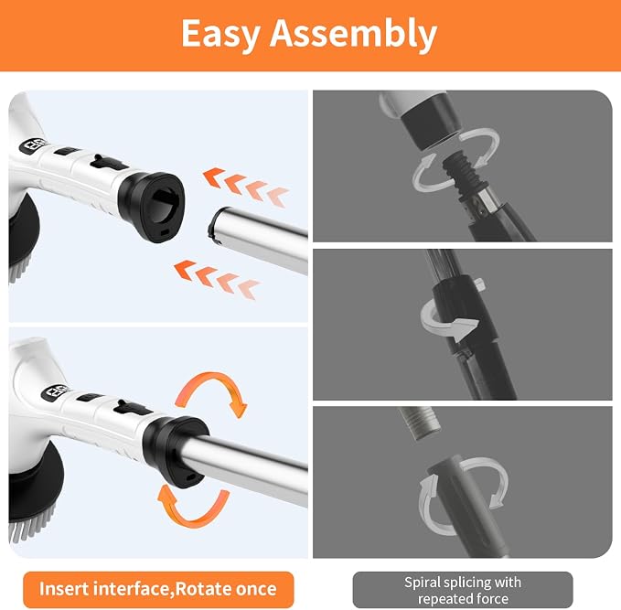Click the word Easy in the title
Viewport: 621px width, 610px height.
(x=221, y=36)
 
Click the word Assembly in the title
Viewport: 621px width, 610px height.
(x=353, y=36)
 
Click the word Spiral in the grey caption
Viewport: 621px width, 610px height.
(x=423, y=583)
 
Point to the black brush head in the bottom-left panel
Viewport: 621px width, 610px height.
(x=35, y=480)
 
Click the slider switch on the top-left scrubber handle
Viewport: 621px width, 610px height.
(x=108, y=163)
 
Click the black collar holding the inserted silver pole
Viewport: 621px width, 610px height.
(x=175, y=452)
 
